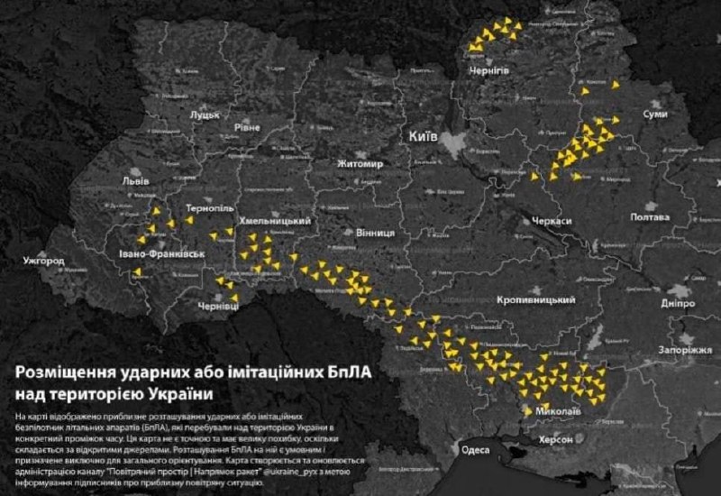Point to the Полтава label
pos(649,218)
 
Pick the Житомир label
pos(360,164)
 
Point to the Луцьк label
pos(205,115)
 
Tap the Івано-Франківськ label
pos(162,256)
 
